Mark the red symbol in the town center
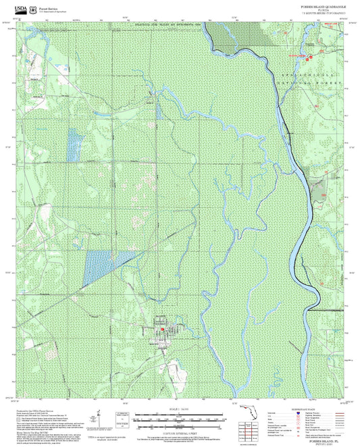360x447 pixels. pos(162,329)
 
